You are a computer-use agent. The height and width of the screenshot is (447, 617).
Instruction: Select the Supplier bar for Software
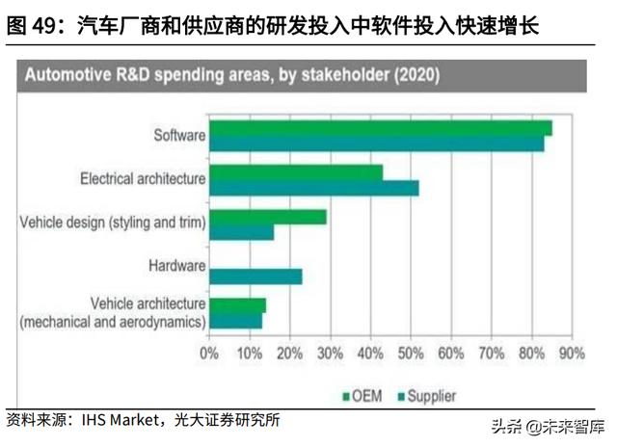(377, 144)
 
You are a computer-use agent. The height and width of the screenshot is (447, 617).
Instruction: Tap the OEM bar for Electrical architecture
(296, 171)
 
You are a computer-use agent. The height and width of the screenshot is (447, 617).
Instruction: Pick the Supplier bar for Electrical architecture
(314, 187)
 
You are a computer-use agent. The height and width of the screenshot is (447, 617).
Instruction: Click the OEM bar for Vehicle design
(268, 217)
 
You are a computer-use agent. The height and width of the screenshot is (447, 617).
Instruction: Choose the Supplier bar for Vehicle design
(242, 232)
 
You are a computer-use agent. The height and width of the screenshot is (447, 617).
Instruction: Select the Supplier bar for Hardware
(255, 276)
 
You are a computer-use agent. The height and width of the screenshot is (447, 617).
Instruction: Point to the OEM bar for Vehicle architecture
(237, 305)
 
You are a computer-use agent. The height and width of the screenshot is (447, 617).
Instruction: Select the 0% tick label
(209, 353)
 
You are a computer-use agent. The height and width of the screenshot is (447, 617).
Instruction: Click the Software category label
(179, 135)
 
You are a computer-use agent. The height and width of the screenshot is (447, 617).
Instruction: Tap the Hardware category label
(176, 266)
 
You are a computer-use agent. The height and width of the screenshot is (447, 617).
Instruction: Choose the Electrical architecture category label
(143, 178)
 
